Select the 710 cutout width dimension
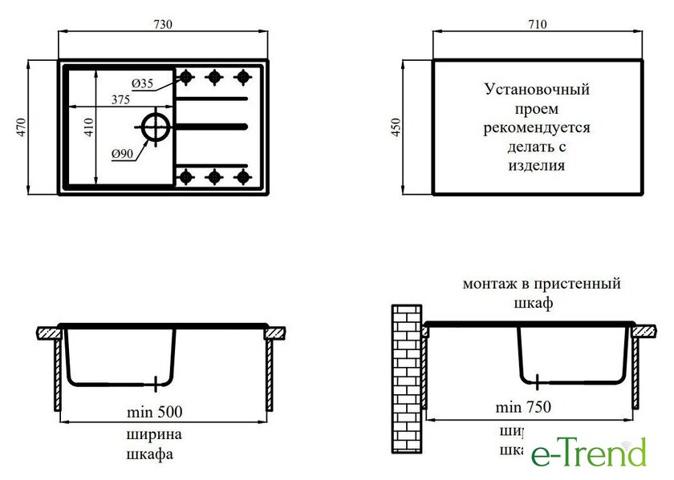[537, 25]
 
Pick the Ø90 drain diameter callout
[122, 153]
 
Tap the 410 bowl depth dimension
[89, 126]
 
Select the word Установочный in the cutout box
[537, 89]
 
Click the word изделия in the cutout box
[537, 166]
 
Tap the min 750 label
[523, 407]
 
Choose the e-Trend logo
[588, 453]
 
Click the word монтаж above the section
[489, 284]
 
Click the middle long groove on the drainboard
[211, 126]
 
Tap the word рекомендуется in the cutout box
[537, 127]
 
